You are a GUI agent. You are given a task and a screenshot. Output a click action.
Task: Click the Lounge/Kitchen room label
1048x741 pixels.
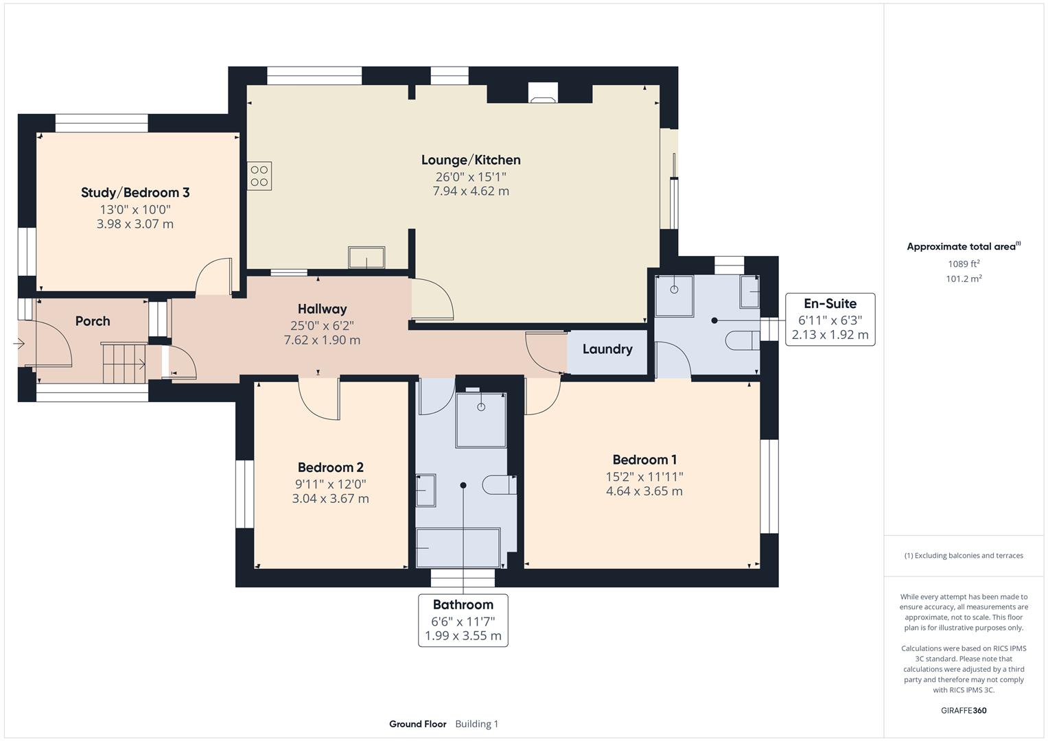[471, 160]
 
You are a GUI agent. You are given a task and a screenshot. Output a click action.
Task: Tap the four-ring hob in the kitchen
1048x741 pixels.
[259, 176]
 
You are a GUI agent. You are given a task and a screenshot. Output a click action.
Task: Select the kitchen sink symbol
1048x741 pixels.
[366, 258]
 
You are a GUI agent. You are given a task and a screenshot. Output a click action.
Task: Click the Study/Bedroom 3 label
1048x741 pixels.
[135, 193]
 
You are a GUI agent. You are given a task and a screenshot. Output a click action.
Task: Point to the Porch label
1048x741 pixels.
[93, 321]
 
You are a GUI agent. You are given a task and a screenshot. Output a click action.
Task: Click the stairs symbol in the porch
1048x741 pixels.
[124, 364]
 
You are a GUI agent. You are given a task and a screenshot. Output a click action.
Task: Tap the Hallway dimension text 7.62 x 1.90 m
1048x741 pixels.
[322, 340]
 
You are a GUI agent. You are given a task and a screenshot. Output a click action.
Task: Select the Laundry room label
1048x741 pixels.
[607, 349]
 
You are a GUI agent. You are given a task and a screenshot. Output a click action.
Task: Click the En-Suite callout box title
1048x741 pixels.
[830, 304]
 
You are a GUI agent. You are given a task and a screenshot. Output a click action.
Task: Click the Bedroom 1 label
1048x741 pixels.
[644, 460]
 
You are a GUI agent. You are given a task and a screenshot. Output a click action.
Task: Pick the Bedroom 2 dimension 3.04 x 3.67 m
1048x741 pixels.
[330, 499]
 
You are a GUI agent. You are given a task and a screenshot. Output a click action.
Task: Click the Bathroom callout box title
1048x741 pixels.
[463, 605]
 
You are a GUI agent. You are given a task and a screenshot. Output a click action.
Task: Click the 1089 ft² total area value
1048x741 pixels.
[964, 264]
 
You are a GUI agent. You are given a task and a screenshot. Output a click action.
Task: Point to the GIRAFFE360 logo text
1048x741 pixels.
[964, 710]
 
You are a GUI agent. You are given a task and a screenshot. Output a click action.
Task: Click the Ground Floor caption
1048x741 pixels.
[417, 724]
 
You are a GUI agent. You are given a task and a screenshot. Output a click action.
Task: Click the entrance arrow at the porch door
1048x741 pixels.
[18, 344]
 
